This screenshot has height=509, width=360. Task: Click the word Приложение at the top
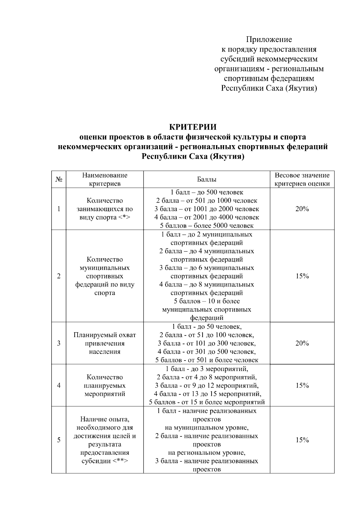pyautogui.click(x=269, y=40)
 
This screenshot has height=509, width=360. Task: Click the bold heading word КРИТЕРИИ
pyautogui.click(x=193, y=127)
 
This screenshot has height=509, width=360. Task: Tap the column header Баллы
pyautogui.click(x=207, y=179)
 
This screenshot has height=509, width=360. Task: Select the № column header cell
pyautogui.click(x=59, y=179)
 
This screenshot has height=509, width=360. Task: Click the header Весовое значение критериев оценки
pyautogui.click(x=302, y=179)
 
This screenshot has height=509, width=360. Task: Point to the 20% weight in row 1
pyautogui.click(x=302, y=209)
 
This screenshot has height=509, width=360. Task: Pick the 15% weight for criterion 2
pyautogui.click(x=302, y=276)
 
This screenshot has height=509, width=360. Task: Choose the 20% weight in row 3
pyautogui.click(x=302, y=343)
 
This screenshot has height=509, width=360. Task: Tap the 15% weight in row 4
pyautogui.click(x=302, y=385)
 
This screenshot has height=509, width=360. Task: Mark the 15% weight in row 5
pyautogui.click(x=302, y=440)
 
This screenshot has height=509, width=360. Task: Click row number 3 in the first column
pyautogui.click(x=59, y=343)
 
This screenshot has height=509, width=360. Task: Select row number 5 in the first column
pyautogui.click(x=59, y=440)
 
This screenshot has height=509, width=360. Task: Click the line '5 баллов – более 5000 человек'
pyautogui.click(x=207, y=226)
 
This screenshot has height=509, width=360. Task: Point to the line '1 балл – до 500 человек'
pyautogui.click(x=207, y=192)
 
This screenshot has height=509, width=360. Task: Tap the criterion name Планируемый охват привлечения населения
pyautogui.click(x=105, y=343)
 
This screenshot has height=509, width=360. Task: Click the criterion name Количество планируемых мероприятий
pyautogui.click(x=105, y=385)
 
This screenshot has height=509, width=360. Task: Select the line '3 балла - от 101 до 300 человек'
pyautogui.click(x=207, y=343)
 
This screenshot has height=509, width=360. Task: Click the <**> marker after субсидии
pyautogui.click(x=121, y=461)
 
